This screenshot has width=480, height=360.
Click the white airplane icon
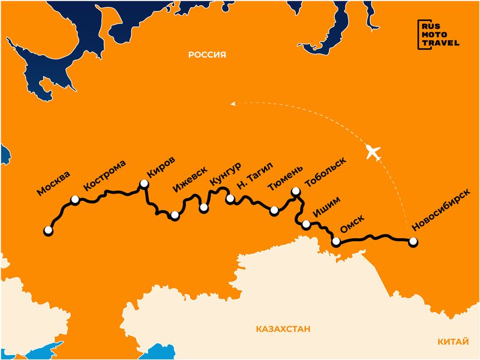[x=373, y=152]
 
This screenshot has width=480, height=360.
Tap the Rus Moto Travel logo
[x=438, y=34]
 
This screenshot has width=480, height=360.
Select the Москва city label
[x=53, y=184]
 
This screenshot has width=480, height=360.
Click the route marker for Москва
[x=48, y=230]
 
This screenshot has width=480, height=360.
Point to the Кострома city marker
[x=75, y=200]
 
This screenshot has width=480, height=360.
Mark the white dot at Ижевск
[x=175, y=215]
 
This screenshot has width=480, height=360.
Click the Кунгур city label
[x=226, y=173]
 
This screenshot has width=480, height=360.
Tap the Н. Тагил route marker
[x=229, y=199]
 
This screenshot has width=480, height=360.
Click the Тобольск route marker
[x=295, y=191]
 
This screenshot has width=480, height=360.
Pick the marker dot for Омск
[x=336, y=242]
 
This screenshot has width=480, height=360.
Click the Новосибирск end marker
[x=412, y=242]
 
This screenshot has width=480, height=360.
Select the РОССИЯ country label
[x=207, y=55]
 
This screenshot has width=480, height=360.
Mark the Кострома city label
[x=105, y=175]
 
